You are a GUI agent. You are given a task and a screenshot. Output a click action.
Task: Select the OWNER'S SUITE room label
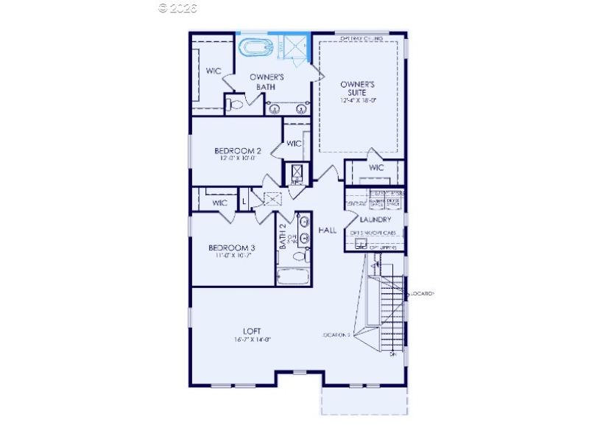click(359, 89)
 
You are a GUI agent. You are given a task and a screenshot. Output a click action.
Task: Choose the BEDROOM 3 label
click(231, 248)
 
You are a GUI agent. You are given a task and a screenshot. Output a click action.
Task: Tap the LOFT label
click(252, 331)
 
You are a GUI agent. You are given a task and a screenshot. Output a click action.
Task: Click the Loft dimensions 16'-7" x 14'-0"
click(253, 340)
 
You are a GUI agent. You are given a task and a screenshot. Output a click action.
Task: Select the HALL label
click(327, 231)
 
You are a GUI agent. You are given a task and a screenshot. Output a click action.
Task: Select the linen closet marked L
click(244, 200)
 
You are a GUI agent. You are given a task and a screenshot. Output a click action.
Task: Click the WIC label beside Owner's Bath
click(213, 71)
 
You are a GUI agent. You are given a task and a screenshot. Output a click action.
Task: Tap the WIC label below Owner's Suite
click(376, 168)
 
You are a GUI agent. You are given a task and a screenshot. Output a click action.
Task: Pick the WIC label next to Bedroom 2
click(294, 144)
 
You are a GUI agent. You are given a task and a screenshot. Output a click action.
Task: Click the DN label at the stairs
click(393, 354)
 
